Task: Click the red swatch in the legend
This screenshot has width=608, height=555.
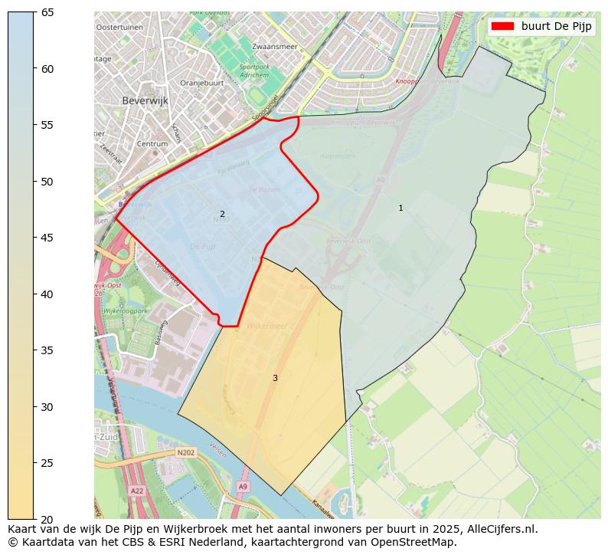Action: tap(502, 26)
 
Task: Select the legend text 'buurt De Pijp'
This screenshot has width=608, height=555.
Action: tap(556, 26)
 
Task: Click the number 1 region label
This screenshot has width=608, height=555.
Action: tap(400, 209)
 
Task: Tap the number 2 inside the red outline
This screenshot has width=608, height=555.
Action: tap(222, 215)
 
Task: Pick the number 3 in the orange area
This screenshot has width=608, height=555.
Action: tap(275, 378)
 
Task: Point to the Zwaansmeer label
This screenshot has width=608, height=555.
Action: tap(274, 47)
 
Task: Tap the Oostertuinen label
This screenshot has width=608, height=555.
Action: tap(119, 27)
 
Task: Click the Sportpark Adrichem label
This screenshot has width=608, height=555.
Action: tap(254, 71)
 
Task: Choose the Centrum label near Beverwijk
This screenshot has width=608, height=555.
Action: tap(152, 143)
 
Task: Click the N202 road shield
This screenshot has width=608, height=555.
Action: tap(185, 453)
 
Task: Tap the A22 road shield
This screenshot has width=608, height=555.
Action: tap(137, 490)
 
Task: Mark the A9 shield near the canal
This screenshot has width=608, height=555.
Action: tap(243, 486)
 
